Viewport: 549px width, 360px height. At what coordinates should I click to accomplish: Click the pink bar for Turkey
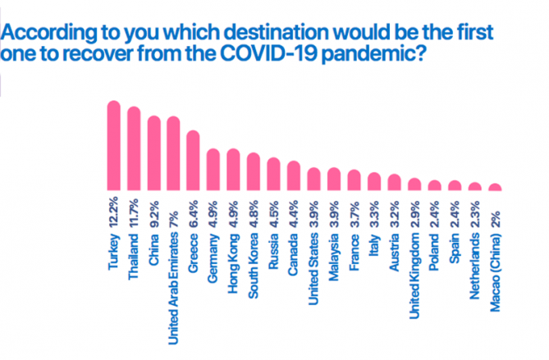pyautogui.click(x=114, y=145)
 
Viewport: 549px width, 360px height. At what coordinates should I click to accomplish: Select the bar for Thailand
pyautogui.click(x=134, y=148)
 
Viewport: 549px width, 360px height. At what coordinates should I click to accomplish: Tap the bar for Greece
pyautogui.click(x=193, y=160)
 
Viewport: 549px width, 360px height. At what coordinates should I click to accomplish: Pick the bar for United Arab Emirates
pyautogui.click(x=173, y=153)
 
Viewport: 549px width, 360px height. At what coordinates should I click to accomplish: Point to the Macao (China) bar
pyautogui.click(x=495, y=187)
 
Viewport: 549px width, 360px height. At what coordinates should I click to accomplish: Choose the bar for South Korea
pyautogui.click(x=254, y=171)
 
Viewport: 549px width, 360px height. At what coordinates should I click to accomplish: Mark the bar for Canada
pyautogui.click(x=294, y=175)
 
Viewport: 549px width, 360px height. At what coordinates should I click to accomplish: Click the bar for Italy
pyautogui.click(x=374, y=181)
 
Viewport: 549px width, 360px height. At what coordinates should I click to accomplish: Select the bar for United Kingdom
pyautogui.click(x=414, y=185)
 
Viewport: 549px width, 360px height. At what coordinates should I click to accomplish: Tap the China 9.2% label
pyautogui.click(x=154, y=233)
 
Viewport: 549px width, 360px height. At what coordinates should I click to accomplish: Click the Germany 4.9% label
pyautogui.click(x=213, y=241)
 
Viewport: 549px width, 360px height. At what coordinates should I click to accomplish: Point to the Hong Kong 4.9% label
pyautogui.click(x=233, y=247)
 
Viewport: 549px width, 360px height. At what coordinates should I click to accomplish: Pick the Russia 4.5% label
pyautogui.click(x=273, y=235)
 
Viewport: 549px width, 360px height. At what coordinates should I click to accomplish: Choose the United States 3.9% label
pyautogui.click(x=313, y=253)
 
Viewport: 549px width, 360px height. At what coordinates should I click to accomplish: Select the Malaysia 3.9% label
pyautogui.click(x=334, y=241)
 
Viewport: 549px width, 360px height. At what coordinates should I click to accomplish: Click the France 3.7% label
pyautogui.click(x=355, y=235)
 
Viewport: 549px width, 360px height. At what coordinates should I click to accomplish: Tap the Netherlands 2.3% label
pyautogui.click(x=475, y=250)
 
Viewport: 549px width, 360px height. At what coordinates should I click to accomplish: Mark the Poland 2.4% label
pyautogui.click(x=434, y=235)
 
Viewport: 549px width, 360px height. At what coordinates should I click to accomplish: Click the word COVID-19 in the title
pyautogui.click(x=268, y=52)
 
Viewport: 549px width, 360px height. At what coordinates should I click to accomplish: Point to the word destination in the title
pyautogui.click(x=277, y=32)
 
